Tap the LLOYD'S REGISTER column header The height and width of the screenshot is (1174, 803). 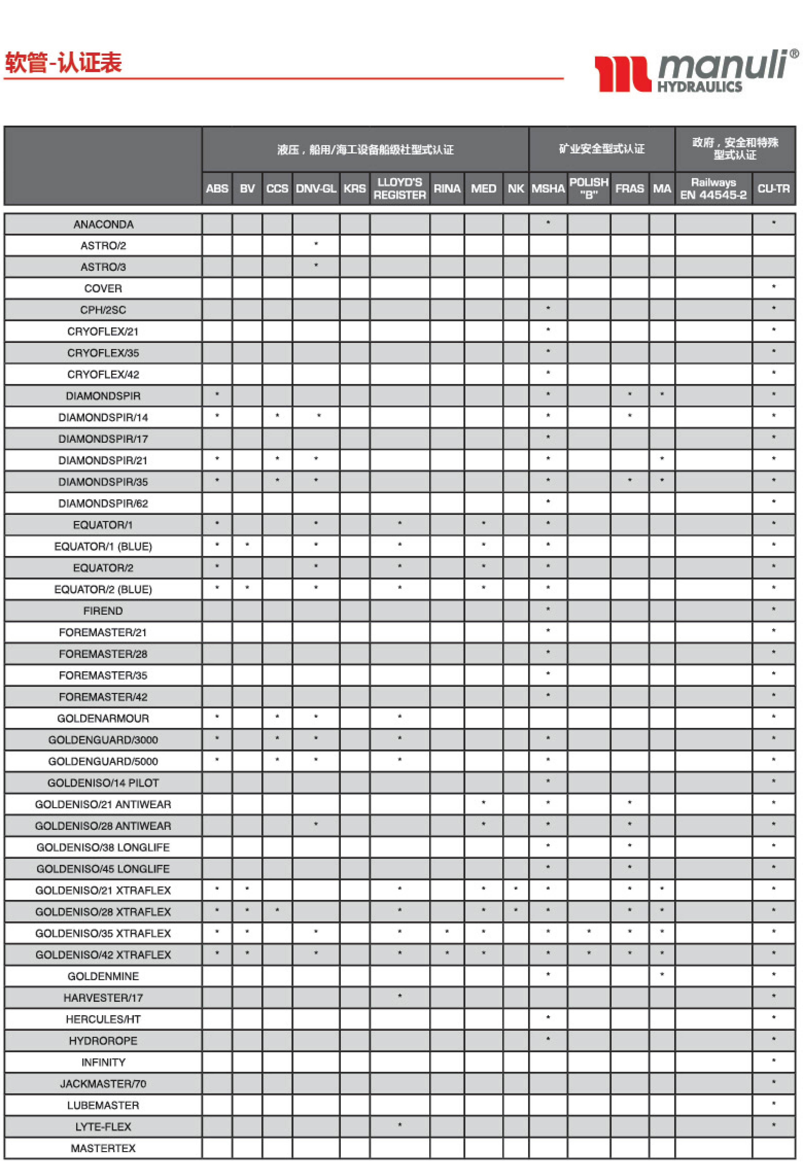399,188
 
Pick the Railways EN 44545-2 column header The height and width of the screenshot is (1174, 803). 713,188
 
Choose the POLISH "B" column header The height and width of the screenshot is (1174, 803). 588,188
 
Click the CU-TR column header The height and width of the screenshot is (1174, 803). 773,188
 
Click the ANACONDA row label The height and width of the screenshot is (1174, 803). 103,224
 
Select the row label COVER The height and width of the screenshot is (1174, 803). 103,289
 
